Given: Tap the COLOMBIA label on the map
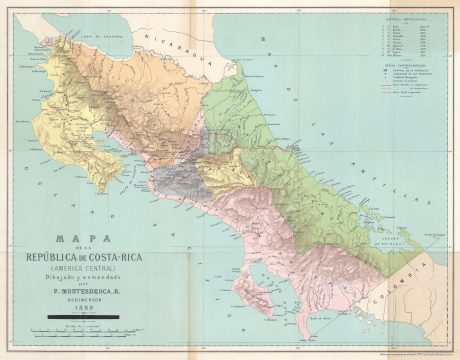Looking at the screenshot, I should pos(432,278).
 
